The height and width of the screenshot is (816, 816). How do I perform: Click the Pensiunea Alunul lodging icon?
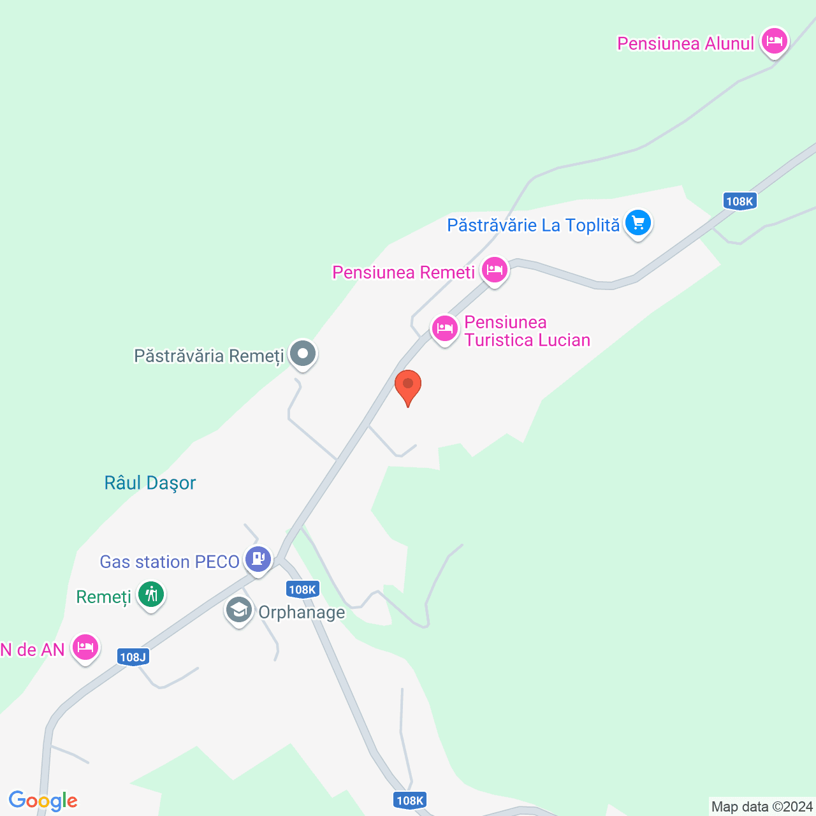tap(775, 42)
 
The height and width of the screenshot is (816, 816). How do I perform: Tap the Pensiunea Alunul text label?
tap(685, 43)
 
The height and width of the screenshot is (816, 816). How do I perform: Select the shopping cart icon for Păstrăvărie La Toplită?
tap(638, 224)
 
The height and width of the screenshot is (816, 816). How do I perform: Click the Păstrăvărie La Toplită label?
tap(533, 225)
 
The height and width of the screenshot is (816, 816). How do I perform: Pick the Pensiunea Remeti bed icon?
tap(495, 270)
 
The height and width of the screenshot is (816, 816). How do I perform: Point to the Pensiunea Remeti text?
tap(404, 272)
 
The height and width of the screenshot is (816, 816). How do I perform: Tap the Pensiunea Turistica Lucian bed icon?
tap(444, 329)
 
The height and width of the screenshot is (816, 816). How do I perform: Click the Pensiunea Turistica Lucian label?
tap(527, 331)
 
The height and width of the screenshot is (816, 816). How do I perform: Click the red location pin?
tap(408, 386)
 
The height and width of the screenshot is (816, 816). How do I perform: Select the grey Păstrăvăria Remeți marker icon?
tap(303, 353)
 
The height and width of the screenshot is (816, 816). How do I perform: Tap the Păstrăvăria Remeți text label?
tap(208, 355)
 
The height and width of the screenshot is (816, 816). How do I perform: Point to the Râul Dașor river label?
tap(150, 483)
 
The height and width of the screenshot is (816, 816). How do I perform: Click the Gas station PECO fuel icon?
tap(258, 559)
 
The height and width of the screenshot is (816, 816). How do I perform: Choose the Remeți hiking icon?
tap(151, 595)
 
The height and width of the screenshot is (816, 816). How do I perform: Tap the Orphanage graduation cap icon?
tap(239, 611)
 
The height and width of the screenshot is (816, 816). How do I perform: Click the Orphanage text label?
tap(302, 612)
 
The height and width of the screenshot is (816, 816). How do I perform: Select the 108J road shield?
tap(133, 657)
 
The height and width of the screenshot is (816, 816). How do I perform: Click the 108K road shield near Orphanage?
tap(302, 589)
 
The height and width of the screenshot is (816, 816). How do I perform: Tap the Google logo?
tap(43, 801)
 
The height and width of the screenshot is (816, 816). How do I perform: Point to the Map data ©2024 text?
tap(762, 806)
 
